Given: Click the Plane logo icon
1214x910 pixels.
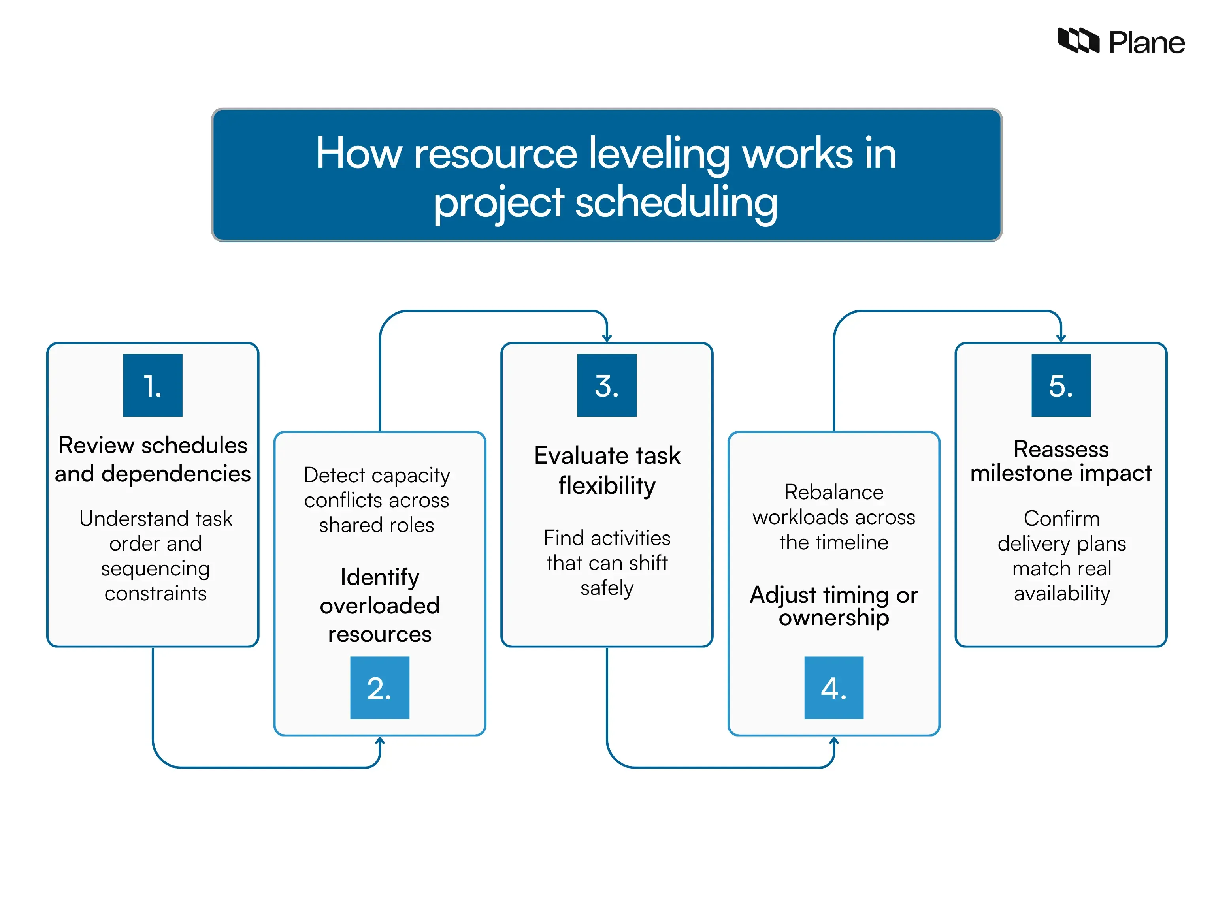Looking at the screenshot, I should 1078,41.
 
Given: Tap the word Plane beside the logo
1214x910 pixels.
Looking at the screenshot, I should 1146,43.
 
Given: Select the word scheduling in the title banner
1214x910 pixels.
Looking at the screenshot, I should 676,202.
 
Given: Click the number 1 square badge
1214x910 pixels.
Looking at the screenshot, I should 153,385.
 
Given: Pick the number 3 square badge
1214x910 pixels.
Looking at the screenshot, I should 607,385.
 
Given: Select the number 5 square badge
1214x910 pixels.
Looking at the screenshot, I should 1061,385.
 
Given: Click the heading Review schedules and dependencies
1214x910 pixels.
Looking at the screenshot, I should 153,459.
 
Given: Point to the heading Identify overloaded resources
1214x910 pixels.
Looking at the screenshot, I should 379,605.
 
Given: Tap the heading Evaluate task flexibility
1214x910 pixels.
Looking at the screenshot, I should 607,470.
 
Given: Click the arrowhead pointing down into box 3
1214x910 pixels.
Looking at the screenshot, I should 607,338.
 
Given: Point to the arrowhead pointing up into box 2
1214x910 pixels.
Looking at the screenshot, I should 380,741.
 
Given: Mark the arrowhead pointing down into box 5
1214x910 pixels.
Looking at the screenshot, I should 1061,338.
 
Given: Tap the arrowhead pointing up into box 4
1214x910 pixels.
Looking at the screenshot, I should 834,741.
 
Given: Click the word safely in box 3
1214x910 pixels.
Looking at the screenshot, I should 607,588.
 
